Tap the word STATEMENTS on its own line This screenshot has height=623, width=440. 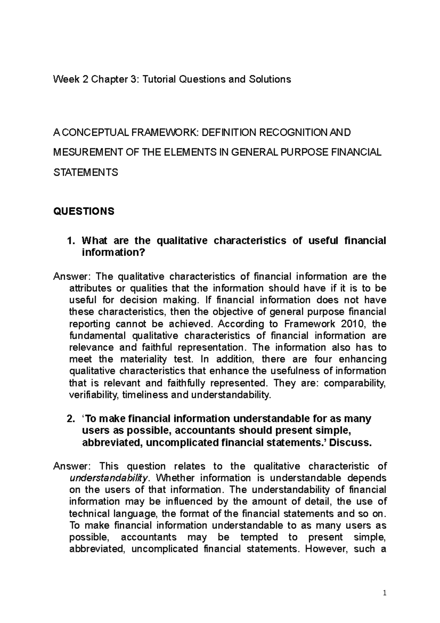coord(86,172)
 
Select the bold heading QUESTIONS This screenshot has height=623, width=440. coord(84,211)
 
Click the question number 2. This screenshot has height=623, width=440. coord(72,419)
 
